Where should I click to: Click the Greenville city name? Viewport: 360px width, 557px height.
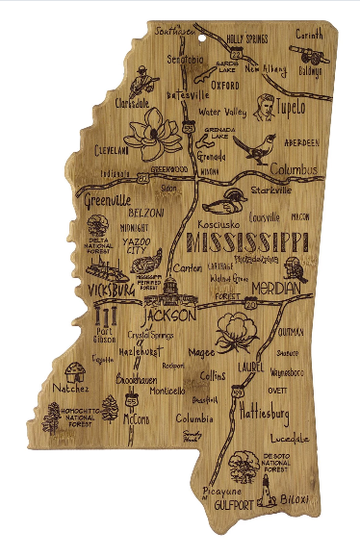click(x=106, y=202)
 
